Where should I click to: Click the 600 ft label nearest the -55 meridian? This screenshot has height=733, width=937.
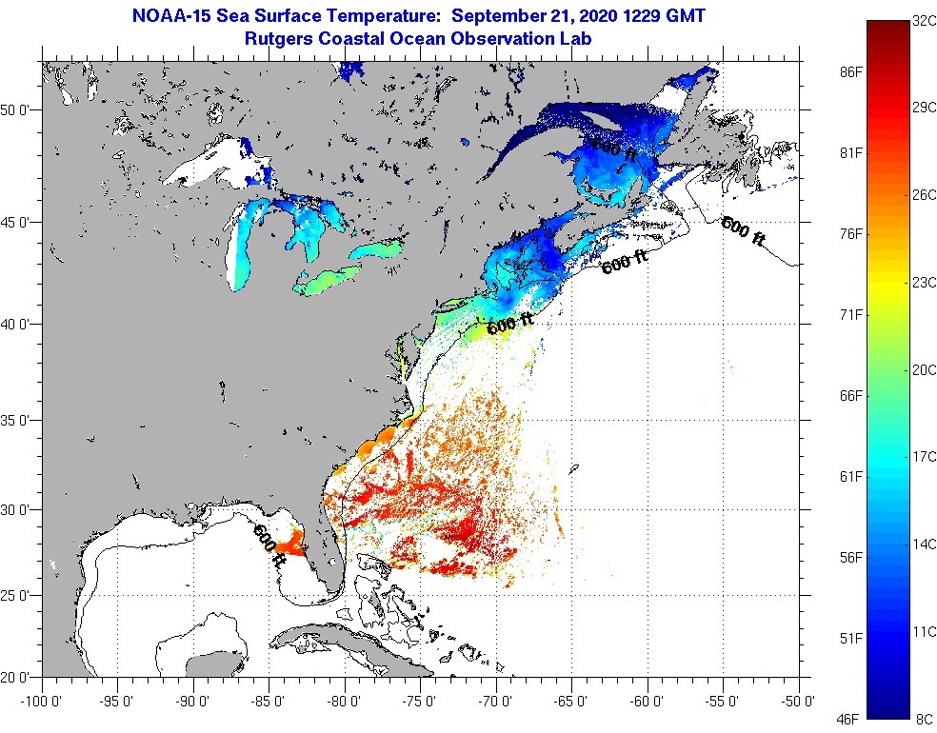pyautogui.click(x=743, y=231)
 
